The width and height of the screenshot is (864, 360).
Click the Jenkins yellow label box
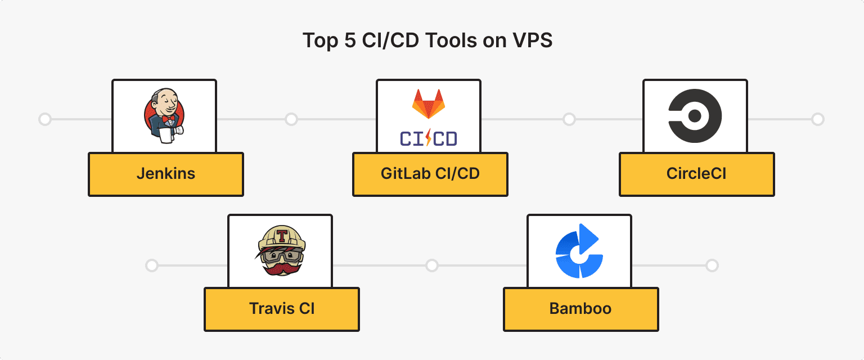[165, 174]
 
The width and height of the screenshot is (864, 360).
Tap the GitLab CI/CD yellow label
[430, 174]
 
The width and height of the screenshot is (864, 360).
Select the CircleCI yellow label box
[696, 174]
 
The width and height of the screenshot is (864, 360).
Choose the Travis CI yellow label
[281, 309]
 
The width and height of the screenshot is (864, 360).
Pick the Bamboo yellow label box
[580, 309]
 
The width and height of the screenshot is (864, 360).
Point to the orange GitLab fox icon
[429, 103]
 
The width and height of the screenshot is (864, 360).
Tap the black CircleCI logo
[695, 116]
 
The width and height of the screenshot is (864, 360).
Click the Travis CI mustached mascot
[280, 251]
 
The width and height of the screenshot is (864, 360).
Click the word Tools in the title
[455, 40]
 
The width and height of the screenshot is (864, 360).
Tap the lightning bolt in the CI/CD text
[429, 138]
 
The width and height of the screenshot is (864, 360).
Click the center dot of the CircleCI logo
[695, 116]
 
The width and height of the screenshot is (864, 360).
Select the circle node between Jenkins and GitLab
[291, 119]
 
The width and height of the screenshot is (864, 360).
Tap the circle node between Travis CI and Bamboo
[431, 265]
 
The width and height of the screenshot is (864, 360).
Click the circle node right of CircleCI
[818, 119]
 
